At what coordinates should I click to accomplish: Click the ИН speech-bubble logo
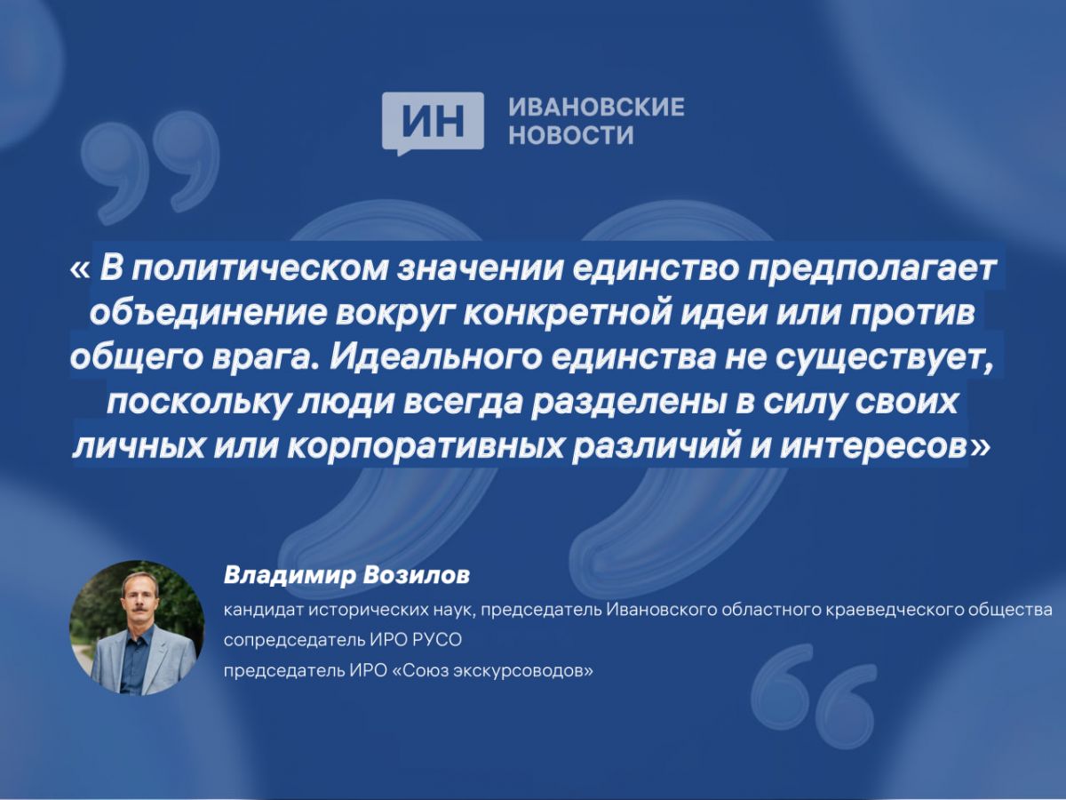[433, 124]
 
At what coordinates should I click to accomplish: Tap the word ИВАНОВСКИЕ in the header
[596, 107]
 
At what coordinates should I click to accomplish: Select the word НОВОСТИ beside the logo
[571, 134]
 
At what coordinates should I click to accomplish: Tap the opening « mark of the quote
[80, 268]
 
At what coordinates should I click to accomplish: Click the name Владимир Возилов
[346, 577]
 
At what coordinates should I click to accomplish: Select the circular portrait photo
[137, 627]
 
